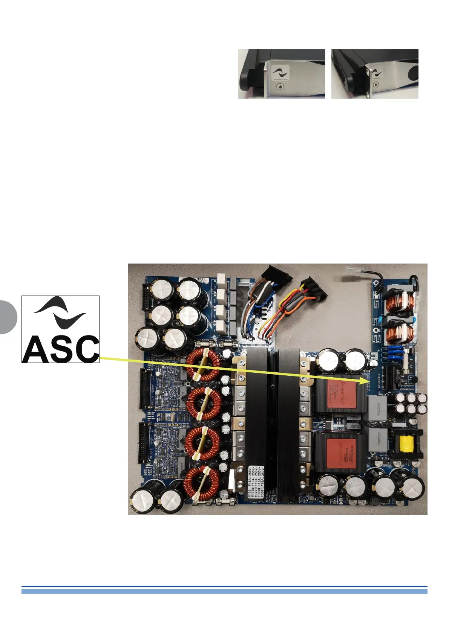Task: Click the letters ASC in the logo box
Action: pos(60,348)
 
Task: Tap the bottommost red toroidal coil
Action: pos(202,485)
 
